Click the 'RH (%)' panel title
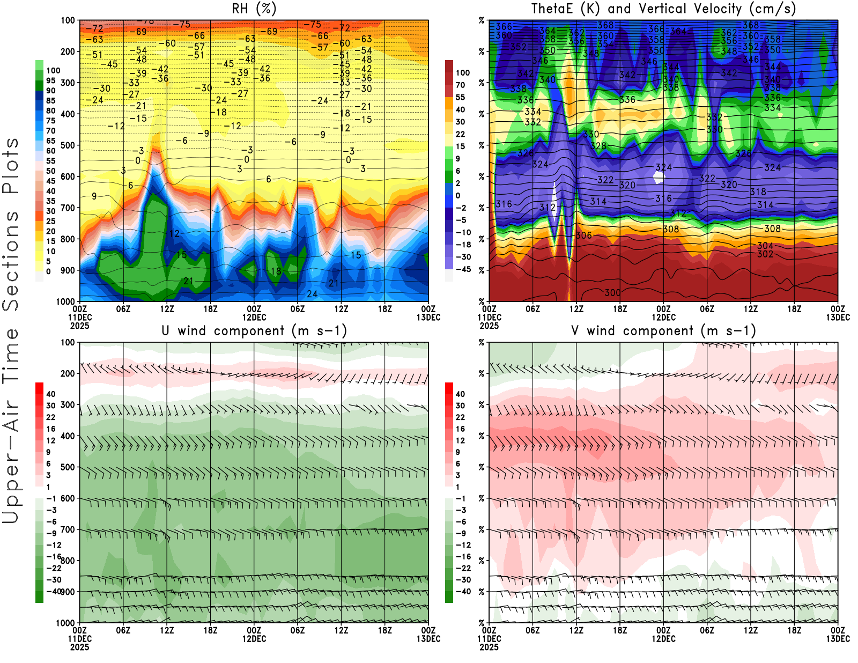pyautogui.click(x=254, y=9)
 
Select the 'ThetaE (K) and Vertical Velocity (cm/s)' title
pyautogui.click(x=663, y=9)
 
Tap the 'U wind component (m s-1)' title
pyautogui.click(x=254, y=331)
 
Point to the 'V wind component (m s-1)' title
pyautogui.click(x=663, y=331)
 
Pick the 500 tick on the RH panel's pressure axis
pyautogui.click(x=68, y=145)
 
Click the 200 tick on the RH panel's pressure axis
pyautogui.click(x=68, y=51)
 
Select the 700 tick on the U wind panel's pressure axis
pyautogui.click(x=68, y=529)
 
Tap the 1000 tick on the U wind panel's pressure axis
pyautogui.click(x=65, y=623)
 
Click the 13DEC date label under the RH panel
pyautogui.click(x=428, y=317)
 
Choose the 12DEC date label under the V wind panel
pyautogui.click(x=663, y=639)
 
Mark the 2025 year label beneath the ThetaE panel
pyautogui.click(x=489, y=326)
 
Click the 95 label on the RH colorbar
pyautogui.click(x=51, y=80)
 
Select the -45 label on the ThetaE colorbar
pyautogui.click(x=463, y=269)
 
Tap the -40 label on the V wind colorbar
pyautogui.click(x=463, y=591)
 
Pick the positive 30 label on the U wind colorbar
pyautogui.click(x=51, y=406)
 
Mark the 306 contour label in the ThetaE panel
pyautogui.click(x=583, y=235)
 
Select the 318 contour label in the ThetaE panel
pyautogui.click(x=758, y=191)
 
